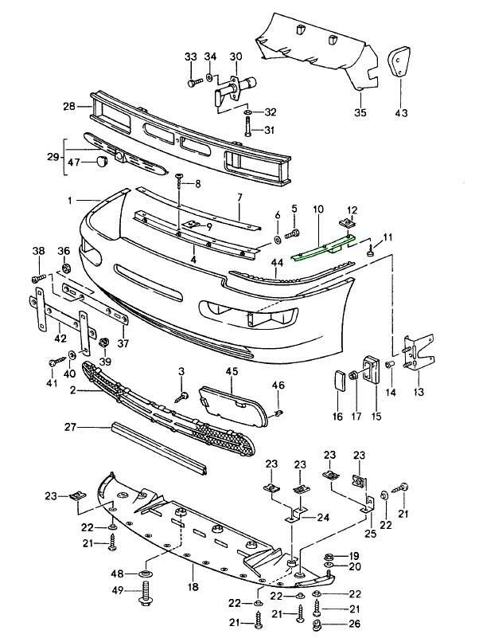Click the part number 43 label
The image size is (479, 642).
click(400, 112)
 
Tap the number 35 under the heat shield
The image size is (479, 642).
click(360, 112)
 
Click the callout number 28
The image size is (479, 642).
click(68, 106)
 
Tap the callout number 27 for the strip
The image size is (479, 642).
click(69, 428)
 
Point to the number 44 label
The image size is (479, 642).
click(277, 262)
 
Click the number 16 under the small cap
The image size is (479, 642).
click(337, 417)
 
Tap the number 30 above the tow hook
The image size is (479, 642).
click(235, 57)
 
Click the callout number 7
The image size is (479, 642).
click(237, 198)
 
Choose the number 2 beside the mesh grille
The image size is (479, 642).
click(72, 390)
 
